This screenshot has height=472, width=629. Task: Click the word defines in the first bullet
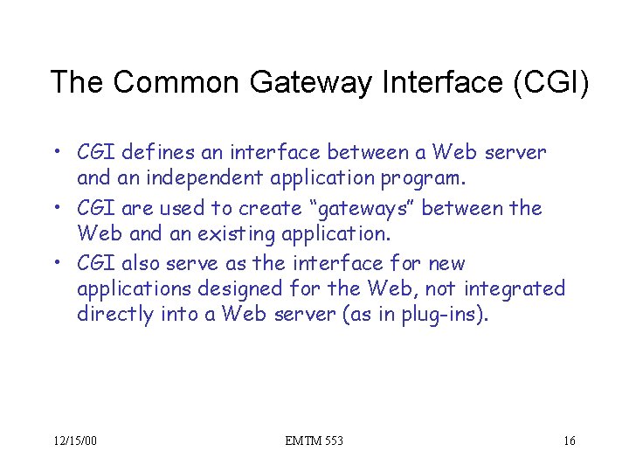pos(159,154)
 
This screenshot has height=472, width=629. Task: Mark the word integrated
pos(515,288)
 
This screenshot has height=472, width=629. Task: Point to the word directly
pos(115,314)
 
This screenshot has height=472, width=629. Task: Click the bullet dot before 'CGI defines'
pos(55,154)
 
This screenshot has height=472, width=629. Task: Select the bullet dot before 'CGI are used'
pos(55,209)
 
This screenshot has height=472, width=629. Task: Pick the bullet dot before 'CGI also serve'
pos(55,263)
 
